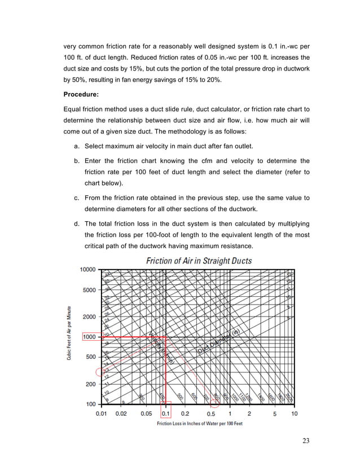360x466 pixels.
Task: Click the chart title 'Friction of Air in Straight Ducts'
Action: tap(199, 261)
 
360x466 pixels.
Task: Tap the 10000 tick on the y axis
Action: tap(87, 270)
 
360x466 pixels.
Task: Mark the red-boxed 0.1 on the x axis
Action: tap(166, 414)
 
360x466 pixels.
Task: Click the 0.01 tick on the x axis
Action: tap(102, 414)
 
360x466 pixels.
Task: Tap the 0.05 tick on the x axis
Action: tap(146, 414)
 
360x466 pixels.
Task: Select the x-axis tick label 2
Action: tap(249, 414)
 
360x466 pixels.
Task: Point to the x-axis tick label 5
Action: tap(275, 414)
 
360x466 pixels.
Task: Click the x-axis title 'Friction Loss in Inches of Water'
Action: tap(199, 424)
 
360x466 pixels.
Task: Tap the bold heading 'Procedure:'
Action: tap(84, 94)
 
